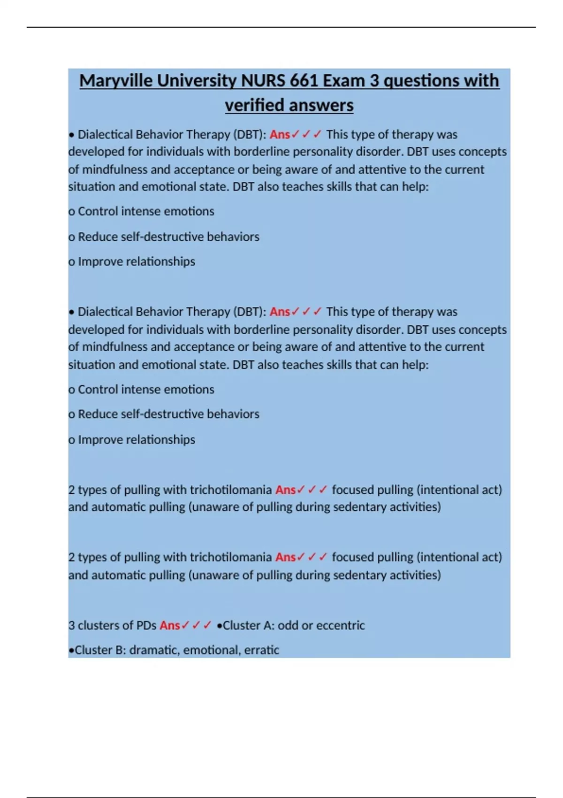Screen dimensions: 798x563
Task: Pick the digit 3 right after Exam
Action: tap(374, 81)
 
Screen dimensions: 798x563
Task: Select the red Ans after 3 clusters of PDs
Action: tap(169, 625)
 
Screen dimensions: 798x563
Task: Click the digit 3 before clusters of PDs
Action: tap(71, 625)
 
